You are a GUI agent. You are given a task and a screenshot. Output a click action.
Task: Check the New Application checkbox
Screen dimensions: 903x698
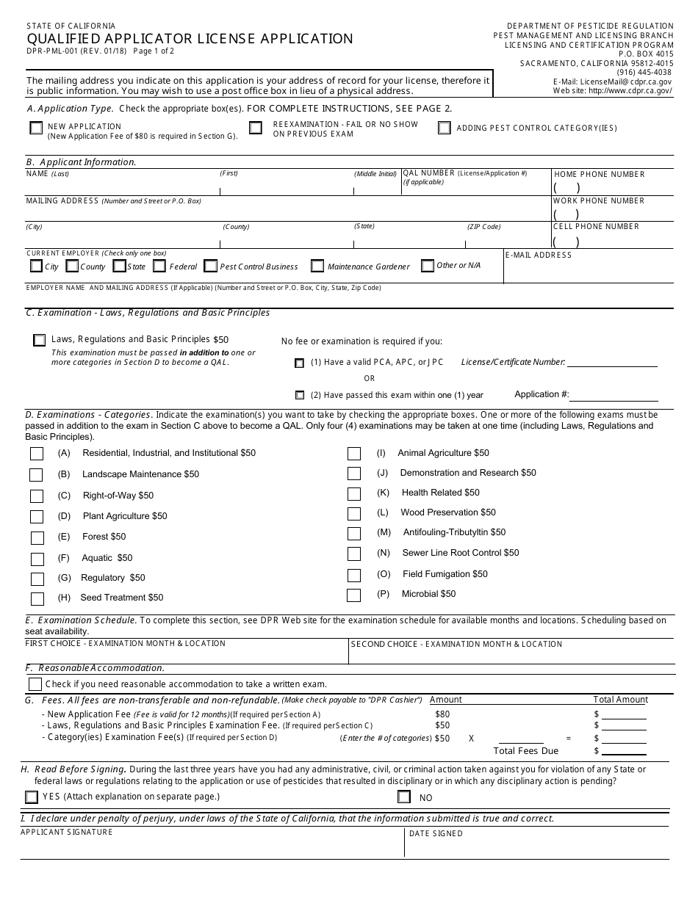36,128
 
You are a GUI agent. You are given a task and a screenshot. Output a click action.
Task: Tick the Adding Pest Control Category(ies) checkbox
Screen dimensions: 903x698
444,128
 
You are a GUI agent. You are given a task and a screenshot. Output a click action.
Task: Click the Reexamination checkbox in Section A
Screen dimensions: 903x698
255,128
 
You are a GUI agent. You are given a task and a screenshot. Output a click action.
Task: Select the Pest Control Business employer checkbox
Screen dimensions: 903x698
211,266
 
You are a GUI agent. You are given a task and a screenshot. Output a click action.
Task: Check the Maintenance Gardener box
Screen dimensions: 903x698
317,266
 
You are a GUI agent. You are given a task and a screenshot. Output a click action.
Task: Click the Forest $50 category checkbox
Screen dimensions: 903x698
37,537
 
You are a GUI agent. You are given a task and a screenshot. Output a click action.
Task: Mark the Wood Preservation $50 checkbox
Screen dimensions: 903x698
354,514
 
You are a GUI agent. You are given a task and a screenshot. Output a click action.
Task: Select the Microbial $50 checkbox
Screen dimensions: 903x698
354,595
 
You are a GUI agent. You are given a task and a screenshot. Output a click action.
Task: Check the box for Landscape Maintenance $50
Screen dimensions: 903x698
37,475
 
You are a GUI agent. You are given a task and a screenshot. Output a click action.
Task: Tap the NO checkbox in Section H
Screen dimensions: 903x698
403,797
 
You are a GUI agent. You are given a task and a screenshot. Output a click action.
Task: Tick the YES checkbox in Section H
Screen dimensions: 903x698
32,797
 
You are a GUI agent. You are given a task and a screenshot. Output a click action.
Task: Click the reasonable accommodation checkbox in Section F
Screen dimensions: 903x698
35,683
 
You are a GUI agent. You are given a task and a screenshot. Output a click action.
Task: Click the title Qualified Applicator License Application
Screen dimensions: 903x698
190,39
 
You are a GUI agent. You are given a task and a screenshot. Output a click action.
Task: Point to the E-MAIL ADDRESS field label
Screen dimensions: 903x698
539,255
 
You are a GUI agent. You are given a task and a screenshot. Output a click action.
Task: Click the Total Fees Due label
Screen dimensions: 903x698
525,751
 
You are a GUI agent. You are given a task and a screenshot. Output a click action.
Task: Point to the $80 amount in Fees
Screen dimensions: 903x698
442,714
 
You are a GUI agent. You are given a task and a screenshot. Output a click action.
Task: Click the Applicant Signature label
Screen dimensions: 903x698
67,833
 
